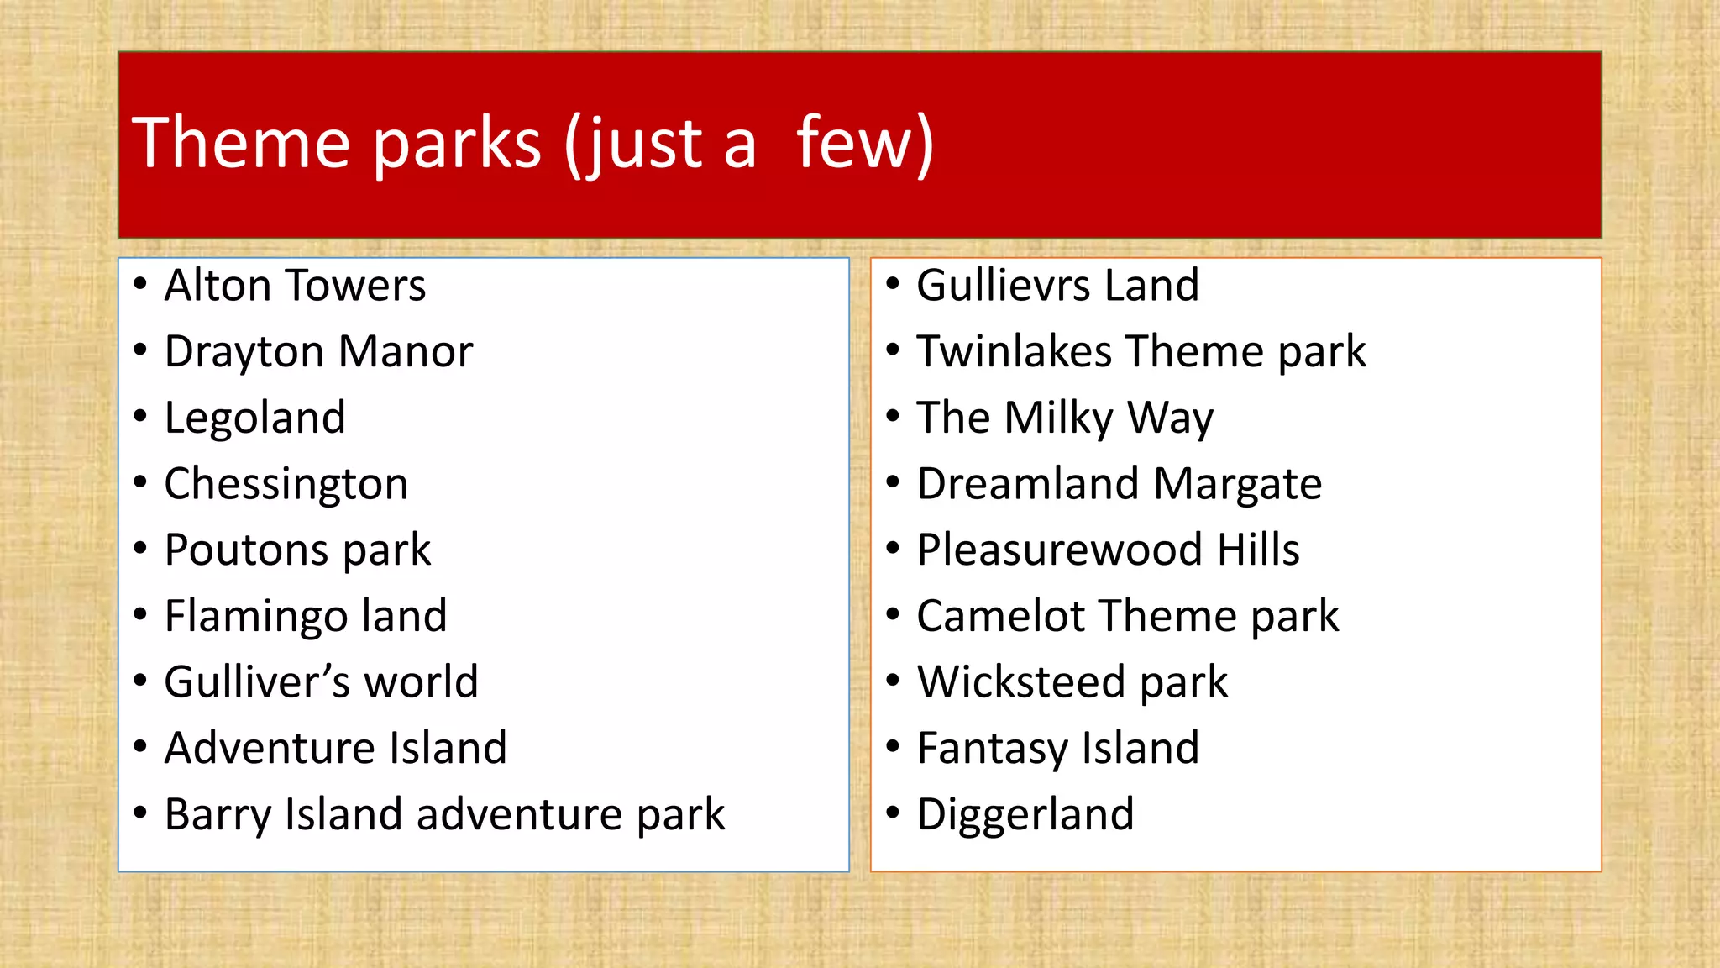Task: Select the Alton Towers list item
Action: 295,286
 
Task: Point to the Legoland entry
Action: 254,418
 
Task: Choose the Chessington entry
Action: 286,484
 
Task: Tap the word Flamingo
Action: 255,616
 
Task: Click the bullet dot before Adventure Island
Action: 140,746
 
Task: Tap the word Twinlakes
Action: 1014,351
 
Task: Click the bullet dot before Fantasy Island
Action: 893,746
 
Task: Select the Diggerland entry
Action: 1025,814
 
